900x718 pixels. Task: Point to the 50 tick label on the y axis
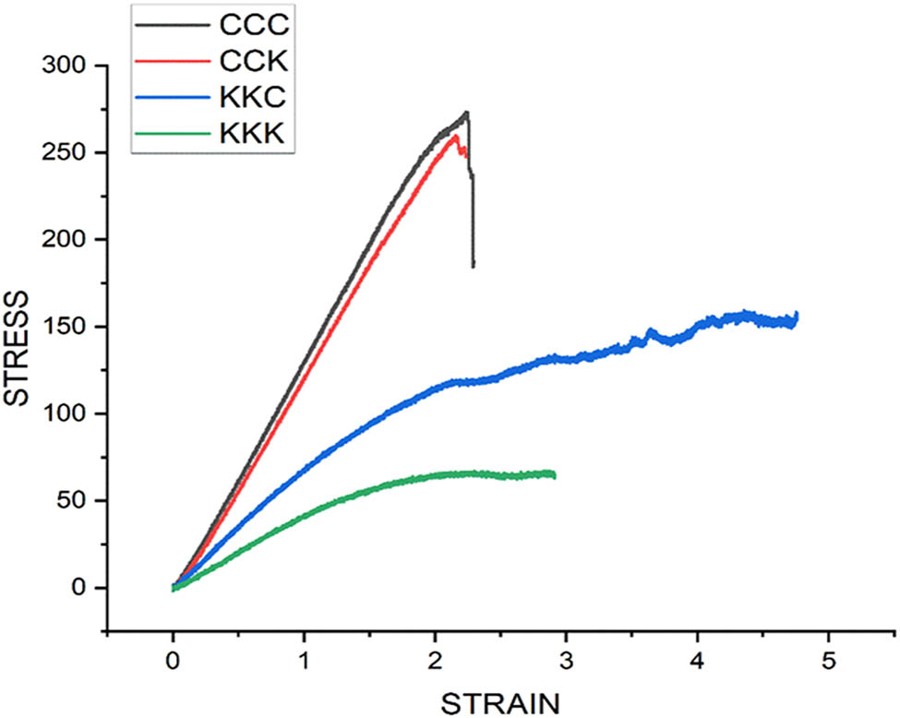(73, 501)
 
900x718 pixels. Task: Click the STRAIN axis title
(500, 702)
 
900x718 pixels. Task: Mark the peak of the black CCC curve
(467, 113)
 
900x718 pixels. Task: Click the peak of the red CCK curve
(455, 137)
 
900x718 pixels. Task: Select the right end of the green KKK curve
(554, 474)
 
